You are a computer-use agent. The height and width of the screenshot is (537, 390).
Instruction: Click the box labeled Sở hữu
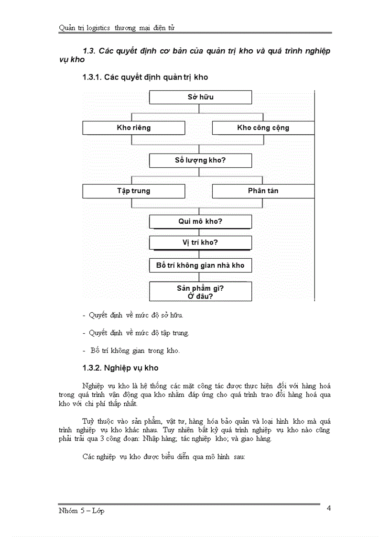coord(200,97)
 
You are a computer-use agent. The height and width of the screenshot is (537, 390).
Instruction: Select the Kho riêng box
coord(133,128)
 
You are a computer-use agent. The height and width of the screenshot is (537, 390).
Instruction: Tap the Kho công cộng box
coord(263,128)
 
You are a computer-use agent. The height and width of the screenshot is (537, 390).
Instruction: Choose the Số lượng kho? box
coord(200,160)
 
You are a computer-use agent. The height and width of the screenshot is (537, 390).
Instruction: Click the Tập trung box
coord(133,191)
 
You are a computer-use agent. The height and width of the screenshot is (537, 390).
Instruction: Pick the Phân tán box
coord(263,191)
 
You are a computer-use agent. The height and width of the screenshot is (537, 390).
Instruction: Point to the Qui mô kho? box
coord(200,222)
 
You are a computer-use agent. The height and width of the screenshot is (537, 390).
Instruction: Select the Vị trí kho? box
coord(200,242)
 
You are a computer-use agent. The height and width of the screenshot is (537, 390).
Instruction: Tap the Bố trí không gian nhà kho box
coord(200,265)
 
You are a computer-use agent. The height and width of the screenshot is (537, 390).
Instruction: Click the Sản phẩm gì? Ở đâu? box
coord(200,292)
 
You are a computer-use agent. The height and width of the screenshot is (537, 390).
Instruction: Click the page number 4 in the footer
coord(328,508)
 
